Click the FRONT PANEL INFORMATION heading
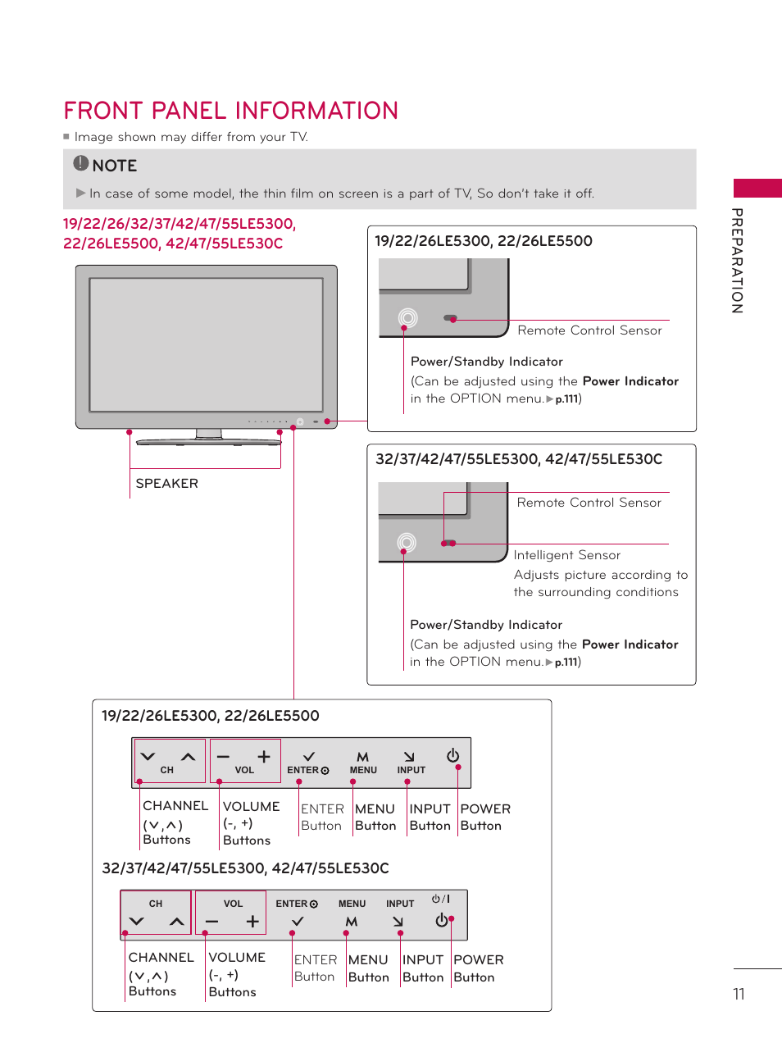[x=230, y=111]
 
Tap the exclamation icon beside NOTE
[x=80, y=163]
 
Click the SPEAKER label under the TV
[x=166, y=484]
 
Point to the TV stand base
[x=208, y=442]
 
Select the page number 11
[x=739, y=994]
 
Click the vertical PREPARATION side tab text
[x=737, y=261]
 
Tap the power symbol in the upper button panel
[x=452, y=755]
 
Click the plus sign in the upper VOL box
[x=263, y=757]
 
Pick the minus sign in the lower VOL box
[x=212, y=922]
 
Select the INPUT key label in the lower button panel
[x=400, y=904]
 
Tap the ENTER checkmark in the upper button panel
[x=309, y=757]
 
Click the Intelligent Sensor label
[x=566, y=555]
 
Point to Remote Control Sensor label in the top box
[x=589, y=330]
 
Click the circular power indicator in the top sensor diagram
[x=407, y=317]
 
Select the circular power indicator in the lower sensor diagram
[x=406, y=542]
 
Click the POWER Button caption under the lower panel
[x=478, y=968]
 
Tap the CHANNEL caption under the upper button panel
[x=175, y=806]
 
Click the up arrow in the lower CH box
[x=176, y=922]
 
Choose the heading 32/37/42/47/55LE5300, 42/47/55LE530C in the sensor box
[x=518, y=459]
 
